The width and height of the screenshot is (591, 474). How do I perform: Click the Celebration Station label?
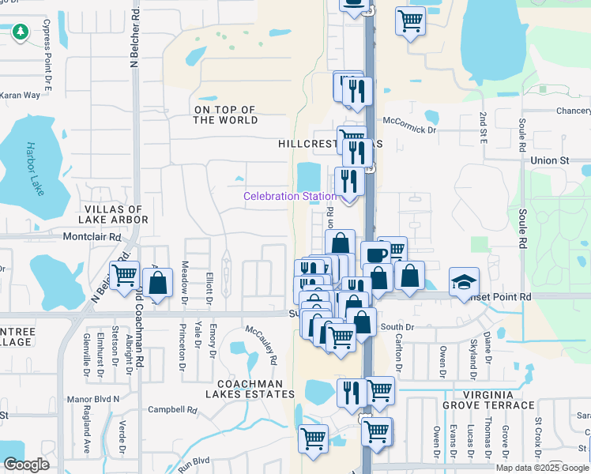click(x=289, y=196)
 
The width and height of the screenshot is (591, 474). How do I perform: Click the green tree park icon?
click(x=20, y=32)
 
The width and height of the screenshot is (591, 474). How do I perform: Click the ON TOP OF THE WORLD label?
click(x=226, y=115)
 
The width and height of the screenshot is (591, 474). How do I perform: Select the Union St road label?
click(x=550, y=160)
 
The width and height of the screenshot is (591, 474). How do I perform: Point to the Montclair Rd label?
click(x=92, y=237)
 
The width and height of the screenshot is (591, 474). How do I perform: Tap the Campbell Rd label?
click(x=172, y=410)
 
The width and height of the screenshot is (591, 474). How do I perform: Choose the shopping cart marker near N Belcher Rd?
click(x=125, y=276)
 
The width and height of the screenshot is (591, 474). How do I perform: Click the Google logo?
click(x=26, y=465)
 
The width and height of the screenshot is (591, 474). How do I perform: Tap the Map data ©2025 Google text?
click(x=541, y=468)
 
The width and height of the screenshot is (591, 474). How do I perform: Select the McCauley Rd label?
click(x=262, y=344)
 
